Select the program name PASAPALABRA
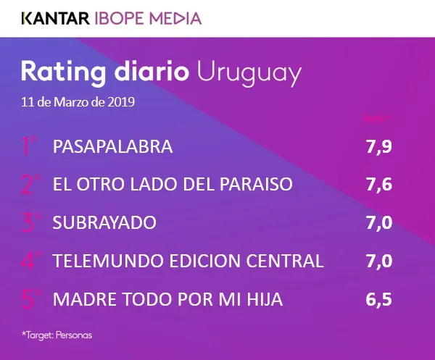coord(112,147)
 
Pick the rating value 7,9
coord(378,147)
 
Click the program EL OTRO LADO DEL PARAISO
coord(173,185)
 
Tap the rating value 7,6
coord(378,185)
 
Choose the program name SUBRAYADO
coord(104,222)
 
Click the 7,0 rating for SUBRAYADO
coord(378,222)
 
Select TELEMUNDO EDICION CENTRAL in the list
coord(188,260)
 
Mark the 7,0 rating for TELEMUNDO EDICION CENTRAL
coord(378,260)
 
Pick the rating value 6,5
coord(378,298)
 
